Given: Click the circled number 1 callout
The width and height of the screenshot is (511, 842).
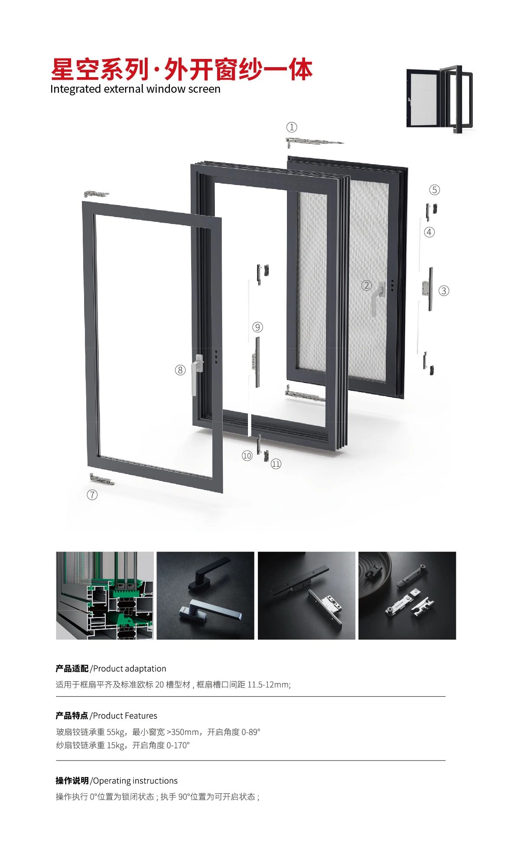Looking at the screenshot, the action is click(x=292, y=127).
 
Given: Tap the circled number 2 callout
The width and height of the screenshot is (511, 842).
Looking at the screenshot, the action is click(x=367, y=285).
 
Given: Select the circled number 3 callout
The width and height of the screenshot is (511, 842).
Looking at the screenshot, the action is click(x=444, y=291).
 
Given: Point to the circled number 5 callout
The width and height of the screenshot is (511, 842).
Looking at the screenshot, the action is click(x=434, y=190).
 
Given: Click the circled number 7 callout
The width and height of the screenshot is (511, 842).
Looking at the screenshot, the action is click(x=92, y=495).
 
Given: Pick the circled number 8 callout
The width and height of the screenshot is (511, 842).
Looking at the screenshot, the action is click(x=180, y=370).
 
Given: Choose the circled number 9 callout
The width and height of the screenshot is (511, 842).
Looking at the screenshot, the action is click(x=257, y=327).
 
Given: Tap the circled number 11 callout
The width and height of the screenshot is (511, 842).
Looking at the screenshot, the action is click(x=276, y=464).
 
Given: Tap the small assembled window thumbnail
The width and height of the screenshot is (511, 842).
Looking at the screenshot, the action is click(x=439, y=99).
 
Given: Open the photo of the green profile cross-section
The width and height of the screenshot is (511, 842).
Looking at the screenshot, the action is click(x=105, y=595).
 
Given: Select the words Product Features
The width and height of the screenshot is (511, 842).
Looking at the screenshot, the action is click(x=125, y=715).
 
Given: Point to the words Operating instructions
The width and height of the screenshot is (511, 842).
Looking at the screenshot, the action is click(x=135, y=781).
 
